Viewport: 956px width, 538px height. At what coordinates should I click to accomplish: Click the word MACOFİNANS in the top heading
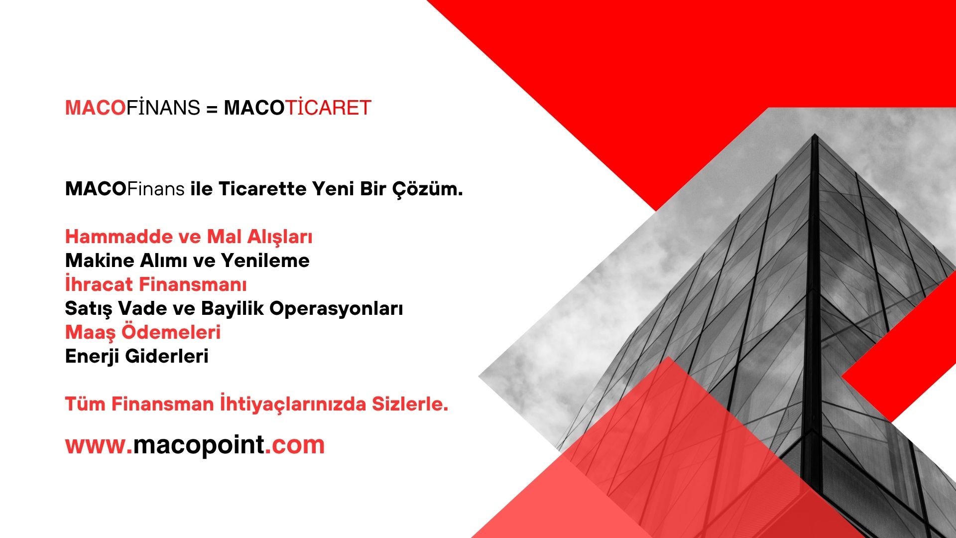tap(132, 108)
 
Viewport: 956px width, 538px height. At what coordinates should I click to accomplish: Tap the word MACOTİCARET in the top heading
tap(298, 108)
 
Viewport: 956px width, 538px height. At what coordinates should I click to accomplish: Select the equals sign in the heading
tap(212, 109)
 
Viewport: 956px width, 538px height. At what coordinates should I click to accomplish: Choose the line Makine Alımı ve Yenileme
tap(187, 261)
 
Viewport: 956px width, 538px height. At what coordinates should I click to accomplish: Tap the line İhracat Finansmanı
tap(156, 284)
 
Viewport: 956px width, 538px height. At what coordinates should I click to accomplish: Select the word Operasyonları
tap(336, 309)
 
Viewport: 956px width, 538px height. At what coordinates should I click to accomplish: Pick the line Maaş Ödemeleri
tap(143, 332)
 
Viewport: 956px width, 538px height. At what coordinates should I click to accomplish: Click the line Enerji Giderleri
tap(137, 356)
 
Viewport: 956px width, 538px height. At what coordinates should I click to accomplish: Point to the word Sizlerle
tap(410, 403)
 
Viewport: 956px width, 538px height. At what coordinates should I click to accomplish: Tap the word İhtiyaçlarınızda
tap(293, 404)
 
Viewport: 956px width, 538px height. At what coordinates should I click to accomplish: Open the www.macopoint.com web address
tap(195, 445)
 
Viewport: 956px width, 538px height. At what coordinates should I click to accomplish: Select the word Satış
tap(89, 309)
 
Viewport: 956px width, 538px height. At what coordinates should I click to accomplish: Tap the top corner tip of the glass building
tap(815, 134)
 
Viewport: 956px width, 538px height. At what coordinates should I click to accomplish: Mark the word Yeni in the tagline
tap(333, 189)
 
